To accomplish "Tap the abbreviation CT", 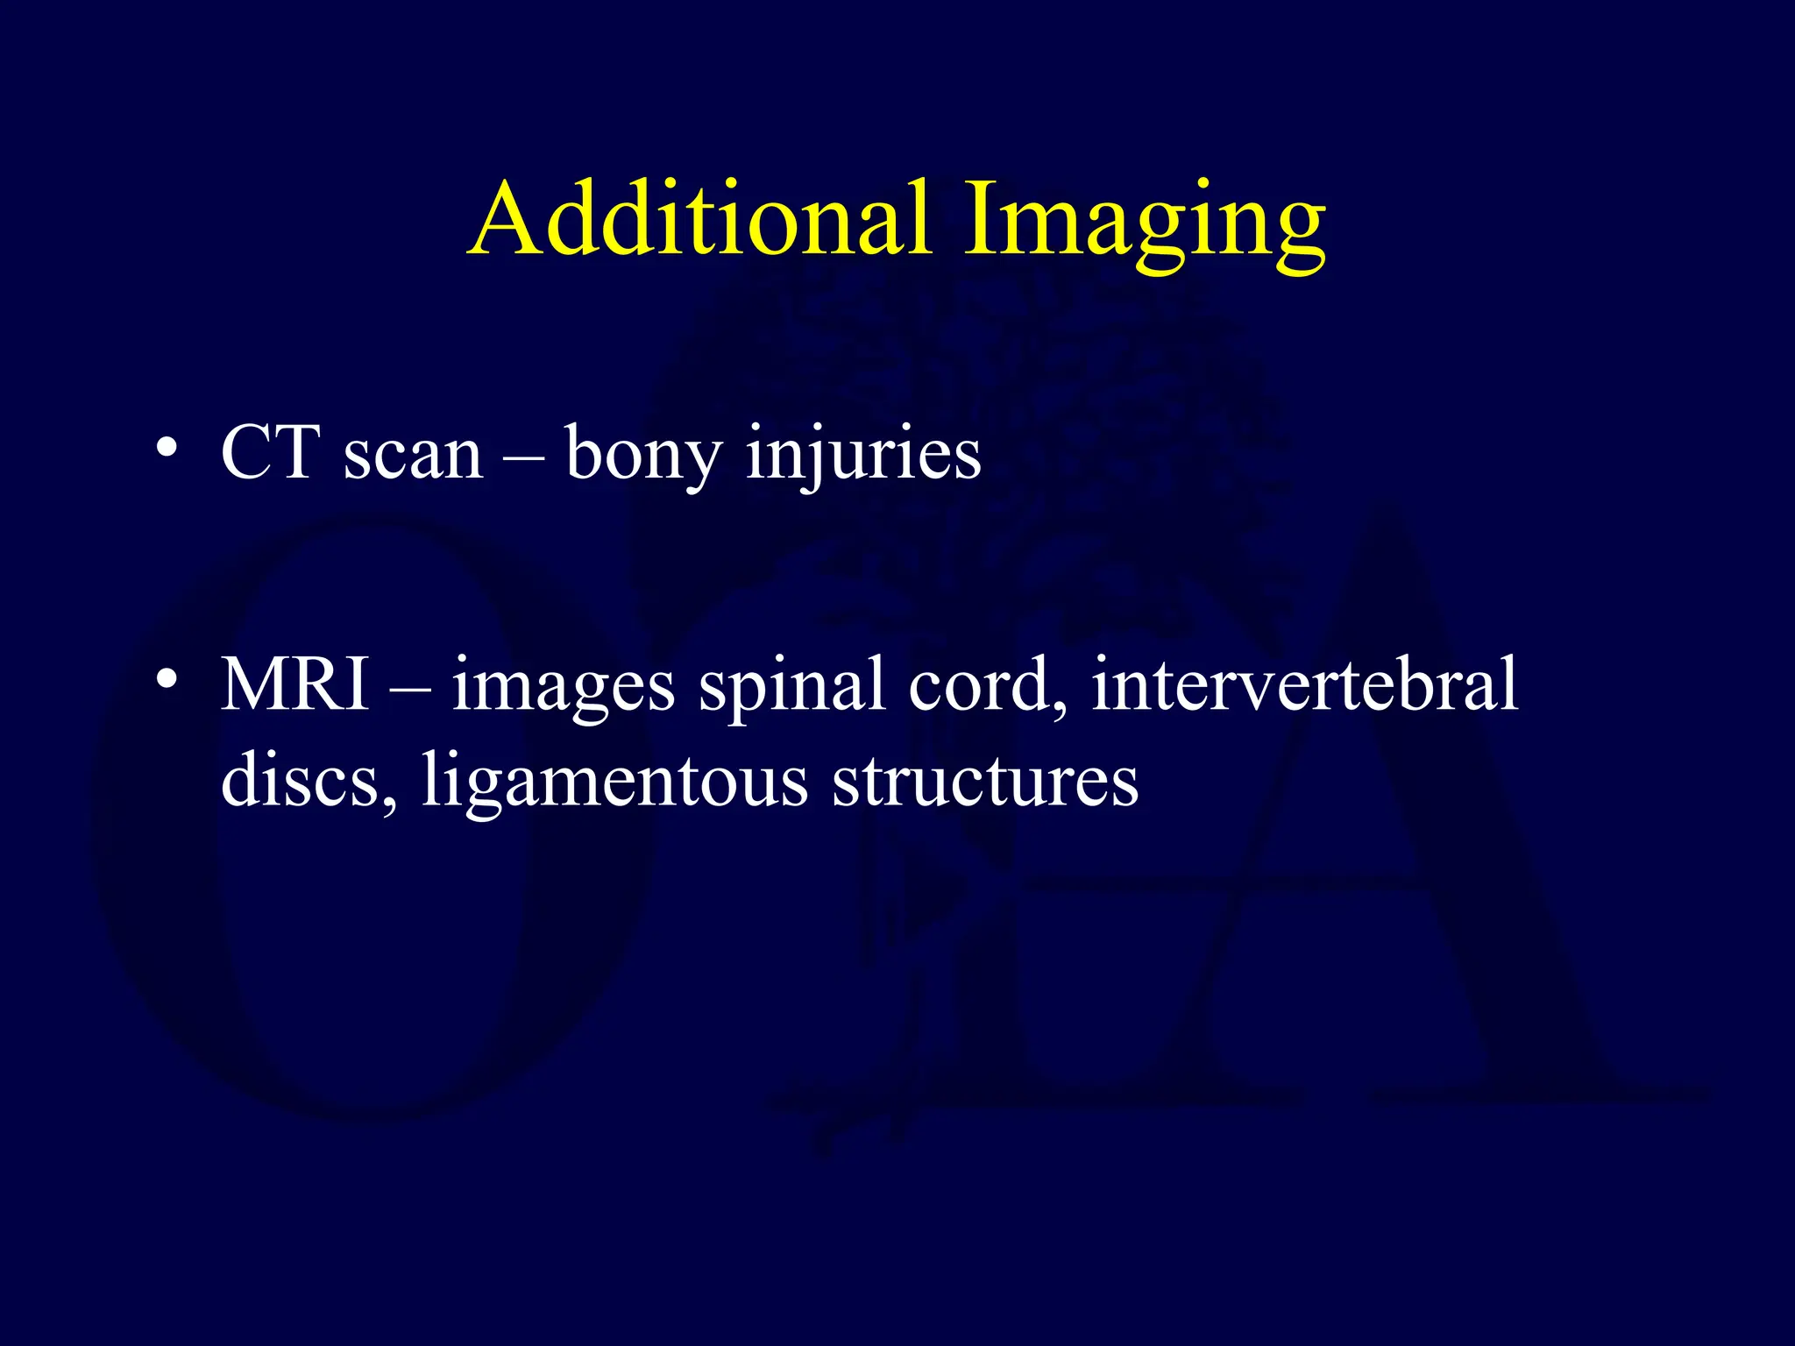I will [x=270, y=453].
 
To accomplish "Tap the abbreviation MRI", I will [x=295, y=684].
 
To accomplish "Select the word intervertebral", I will [x=1304, y=684].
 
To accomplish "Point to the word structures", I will [x=985, y=782].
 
